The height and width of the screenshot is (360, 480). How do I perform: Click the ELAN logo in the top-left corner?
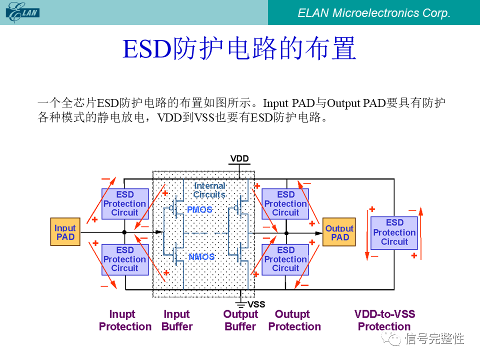(23, 12)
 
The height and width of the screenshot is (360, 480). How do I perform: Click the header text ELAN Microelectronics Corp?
(374, 13)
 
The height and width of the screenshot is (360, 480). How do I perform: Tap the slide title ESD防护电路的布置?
(239, 49)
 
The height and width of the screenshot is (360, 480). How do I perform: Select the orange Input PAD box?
(65, 232)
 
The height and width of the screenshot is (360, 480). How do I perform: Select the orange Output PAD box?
(339, 232)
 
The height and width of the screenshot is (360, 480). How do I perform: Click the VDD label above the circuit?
(239, 158)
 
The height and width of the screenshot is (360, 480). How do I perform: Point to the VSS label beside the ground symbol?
(256, 304)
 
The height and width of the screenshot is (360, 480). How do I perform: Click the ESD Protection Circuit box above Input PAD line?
(125, 203)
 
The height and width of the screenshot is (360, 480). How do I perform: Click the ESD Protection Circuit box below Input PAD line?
(125, 259)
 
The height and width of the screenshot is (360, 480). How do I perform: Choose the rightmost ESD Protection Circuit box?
(394, 232)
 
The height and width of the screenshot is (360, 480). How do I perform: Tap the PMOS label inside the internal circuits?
(199, 210)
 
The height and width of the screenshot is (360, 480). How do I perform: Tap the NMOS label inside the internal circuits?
(201, 257)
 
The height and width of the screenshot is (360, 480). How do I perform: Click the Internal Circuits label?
(209, 190)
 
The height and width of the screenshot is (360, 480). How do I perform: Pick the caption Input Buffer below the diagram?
(177, 320)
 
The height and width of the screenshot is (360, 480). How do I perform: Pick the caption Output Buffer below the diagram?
(240, 320)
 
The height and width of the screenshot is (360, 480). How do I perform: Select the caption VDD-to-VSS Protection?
(384, 320)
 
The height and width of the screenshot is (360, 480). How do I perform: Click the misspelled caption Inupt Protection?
(125, 320)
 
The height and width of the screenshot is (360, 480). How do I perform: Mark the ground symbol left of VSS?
(240, 303)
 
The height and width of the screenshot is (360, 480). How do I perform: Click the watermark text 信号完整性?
(434, 339)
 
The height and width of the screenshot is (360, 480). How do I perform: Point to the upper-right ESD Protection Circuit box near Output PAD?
(285, 203)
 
